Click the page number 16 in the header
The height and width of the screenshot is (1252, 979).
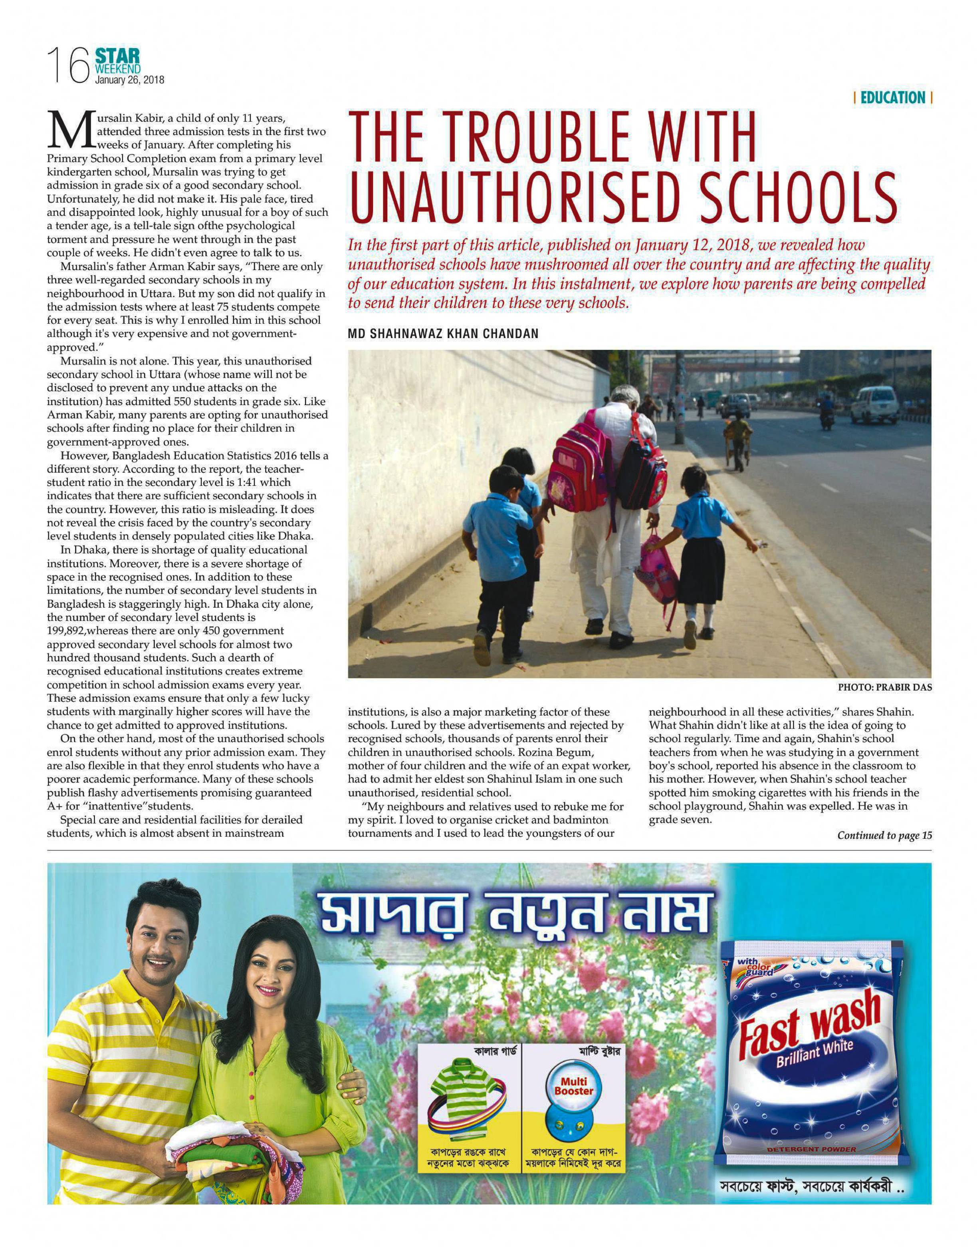click(x=67, y=66)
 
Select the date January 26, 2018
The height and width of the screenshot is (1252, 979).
click(x=129, y=80)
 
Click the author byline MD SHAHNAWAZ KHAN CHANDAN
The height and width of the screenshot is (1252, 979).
click(x=443, y=334)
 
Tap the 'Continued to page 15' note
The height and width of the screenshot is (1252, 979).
click(x=884, y=835)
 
